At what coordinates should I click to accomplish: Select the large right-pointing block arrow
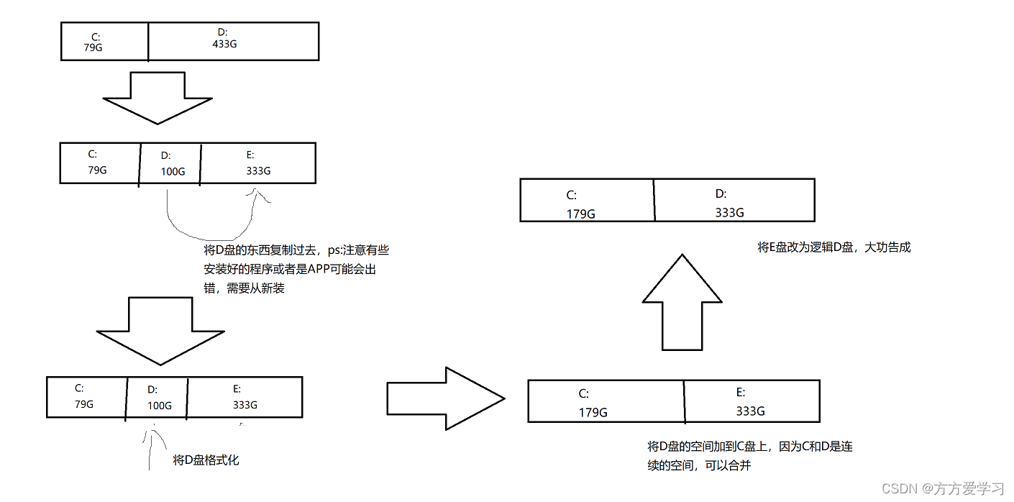click(x=446, y=398)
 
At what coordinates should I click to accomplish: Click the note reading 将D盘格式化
click(x=206, y=460)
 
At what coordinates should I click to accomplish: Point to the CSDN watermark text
click(x=943, y=488)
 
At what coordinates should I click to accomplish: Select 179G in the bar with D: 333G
click(x=581, y=213)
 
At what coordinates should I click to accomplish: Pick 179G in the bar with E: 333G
click(x=593, y=412)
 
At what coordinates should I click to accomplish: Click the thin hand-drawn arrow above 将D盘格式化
click(x=150, y=449)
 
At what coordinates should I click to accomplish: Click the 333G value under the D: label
click(x=729, y=212)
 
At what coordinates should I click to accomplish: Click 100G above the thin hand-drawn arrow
click(x=159, y=406)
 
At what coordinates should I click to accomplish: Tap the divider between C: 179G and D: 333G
click(x=654, y=200)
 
